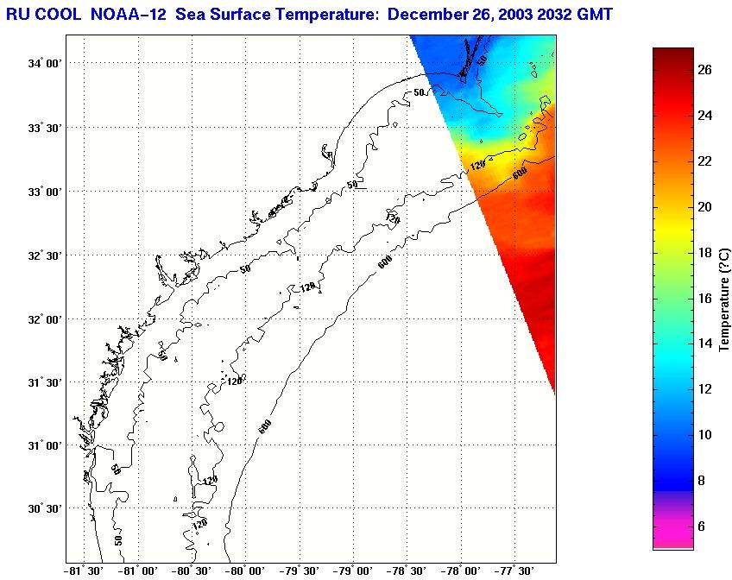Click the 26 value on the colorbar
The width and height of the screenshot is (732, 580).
click(x=704, y=71)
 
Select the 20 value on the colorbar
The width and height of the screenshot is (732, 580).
click(x=704, y=207)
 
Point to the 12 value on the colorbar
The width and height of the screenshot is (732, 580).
click(x=704, y=389)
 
